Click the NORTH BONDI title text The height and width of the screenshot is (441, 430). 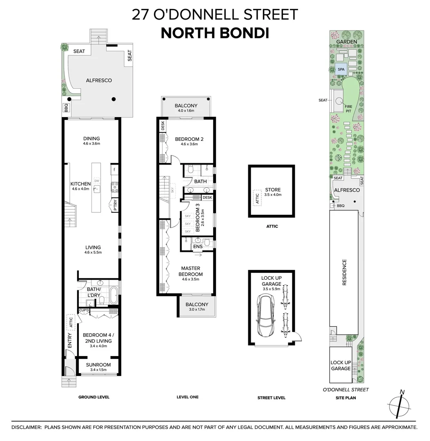tap(215, 33)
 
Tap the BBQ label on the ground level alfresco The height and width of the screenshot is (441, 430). tap(66, 108)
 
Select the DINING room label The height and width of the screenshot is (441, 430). tap(91, 139)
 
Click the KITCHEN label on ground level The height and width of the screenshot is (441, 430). tap(80, 184)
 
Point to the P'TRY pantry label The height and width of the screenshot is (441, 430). tap(116, 207)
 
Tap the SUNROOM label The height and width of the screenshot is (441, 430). tap(98, 365)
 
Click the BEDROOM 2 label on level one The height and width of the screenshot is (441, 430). tap(189, 139)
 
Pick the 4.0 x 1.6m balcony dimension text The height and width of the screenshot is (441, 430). tap(186, 111)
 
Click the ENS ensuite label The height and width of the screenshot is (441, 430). tap(198, 247)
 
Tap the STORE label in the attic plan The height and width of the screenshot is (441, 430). tap(273, 190)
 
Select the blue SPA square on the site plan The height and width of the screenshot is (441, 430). tap(341, 69)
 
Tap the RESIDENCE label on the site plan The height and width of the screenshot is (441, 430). tap(344, 272)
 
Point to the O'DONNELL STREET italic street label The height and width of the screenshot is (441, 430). tap(345, 390)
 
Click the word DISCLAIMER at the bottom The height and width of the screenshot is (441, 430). tap(27, 427)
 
